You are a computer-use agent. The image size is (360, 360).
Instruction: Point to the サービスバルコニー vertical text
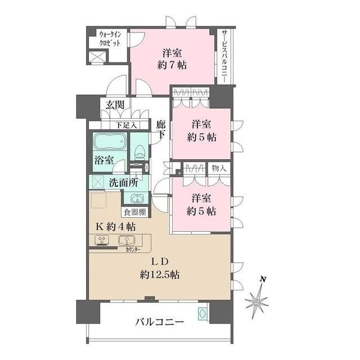[x=224, y=56]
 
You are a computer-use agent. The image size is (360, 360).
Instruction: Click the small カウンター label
[x=134, y=249]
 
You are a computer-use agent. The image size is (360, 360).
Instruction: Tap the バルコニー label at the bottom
[x=159, y=322]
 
